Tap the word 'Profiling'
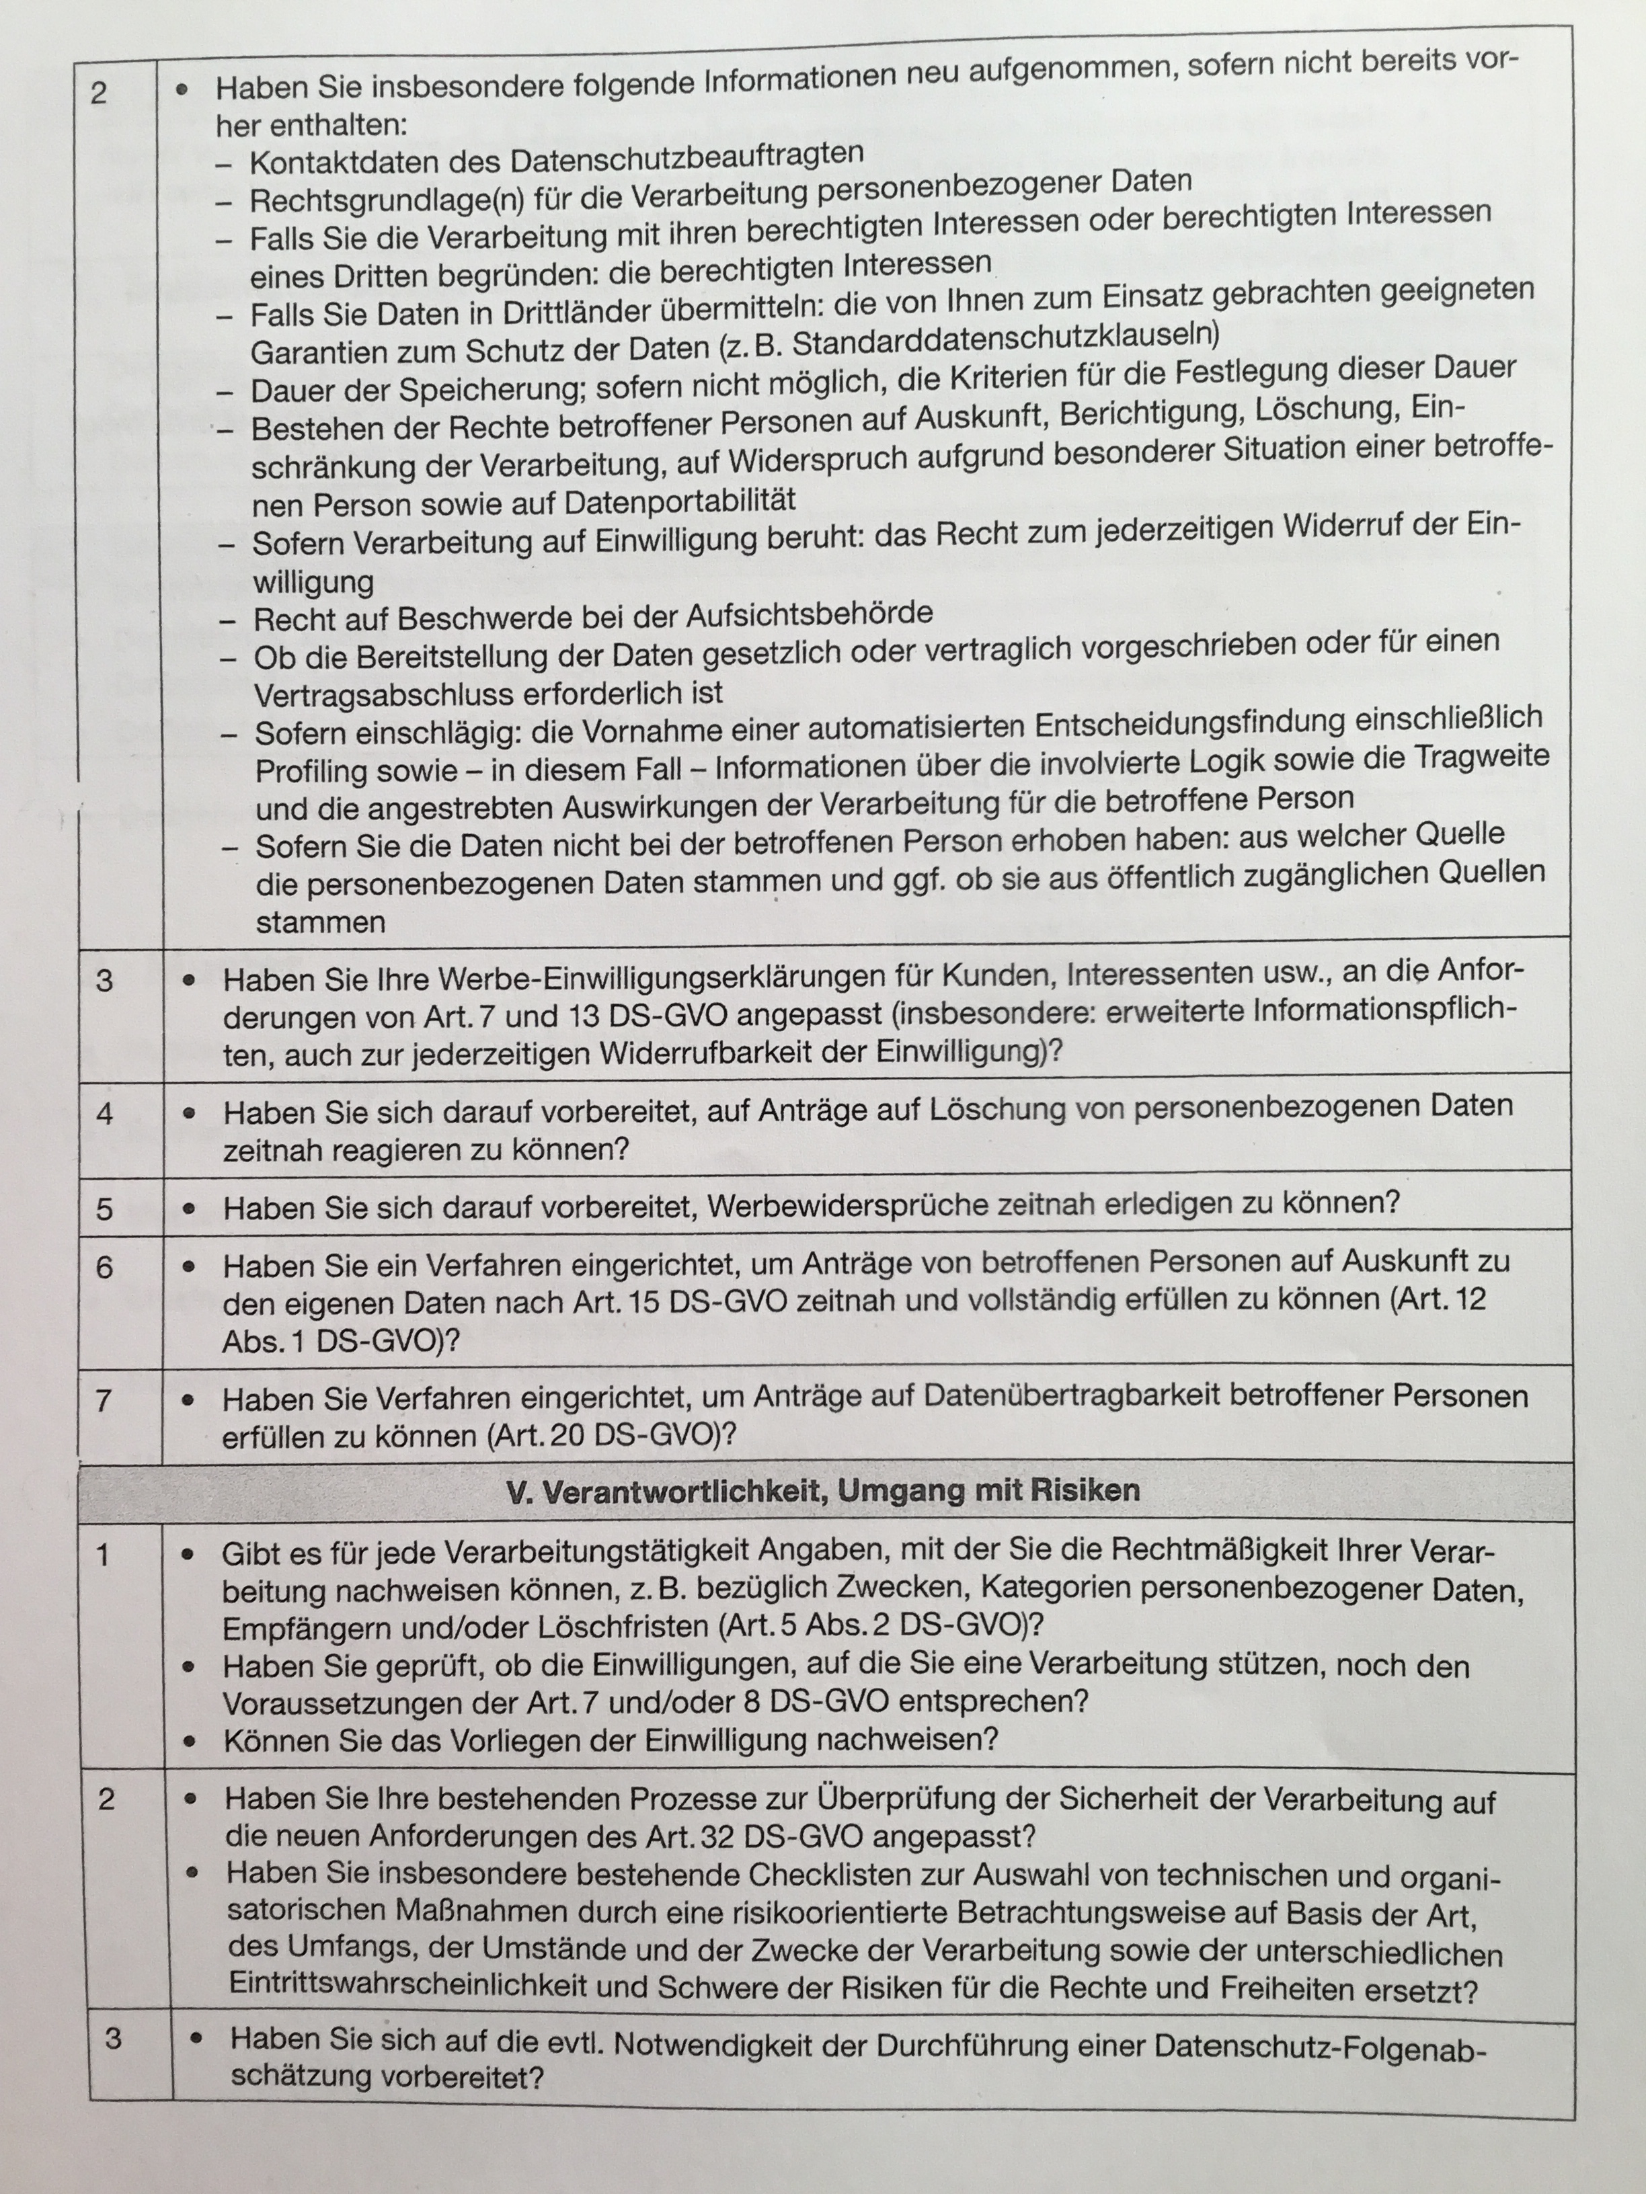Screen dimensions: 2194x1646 click(327, 771)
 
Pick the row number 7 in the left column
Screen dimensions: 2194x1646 click(102, 1401)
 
